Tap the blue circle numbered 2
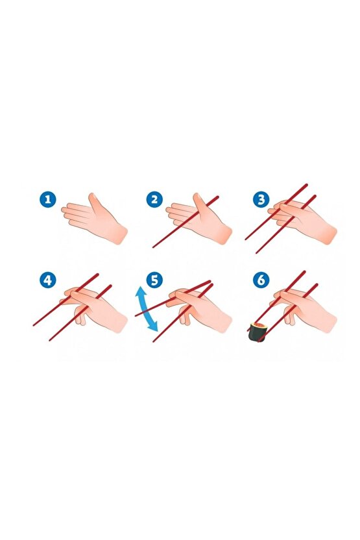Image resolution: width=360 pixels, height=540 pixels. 154,199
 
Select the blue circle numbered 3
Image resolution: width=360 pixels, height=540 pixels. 261,199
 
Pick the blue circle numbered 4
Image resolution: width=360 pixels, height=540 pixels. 47,280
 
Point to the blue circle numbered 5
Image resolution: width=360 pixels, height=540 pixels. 154,280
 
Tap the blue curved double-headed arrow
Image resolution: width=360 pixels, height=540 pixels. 147,312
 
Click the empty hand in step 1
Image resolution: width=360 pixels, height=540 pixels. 101,219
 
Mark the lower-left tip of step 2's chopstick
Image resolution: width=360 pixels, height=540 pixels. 154,247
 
